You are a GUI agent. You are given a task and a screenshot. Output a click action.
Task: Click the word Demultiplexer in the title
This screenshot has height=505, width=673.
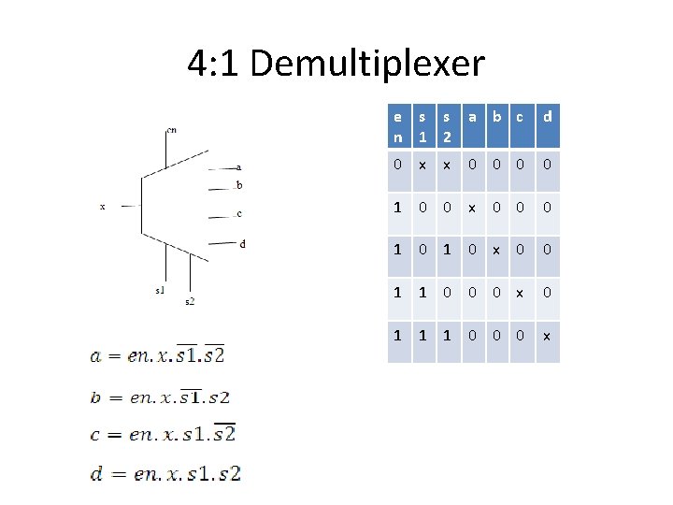(x=367, y=64)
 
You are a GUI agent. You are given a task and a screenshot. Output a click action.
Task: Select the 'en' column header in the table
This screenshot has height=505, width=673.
(x=399, y=126)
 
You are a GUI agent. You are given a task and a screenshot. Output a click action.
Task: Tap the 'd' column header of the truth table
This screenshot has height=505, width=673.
(x=548, y=117)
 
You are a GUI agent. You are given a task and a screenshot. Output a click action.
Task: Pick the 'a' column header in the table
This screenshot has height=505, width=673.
(x=473, y=117)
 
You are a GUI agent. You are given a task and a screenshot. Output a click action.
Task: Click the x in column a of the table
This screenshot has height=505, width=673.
(x=473, y=208)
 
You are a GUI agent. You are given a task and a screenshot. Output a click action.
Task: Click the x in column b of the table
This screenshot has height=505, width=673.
(x=496, y=250)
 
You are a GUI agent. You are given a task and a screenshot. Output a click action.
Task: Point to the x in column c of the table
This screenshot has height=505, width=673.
(x=521, y=292)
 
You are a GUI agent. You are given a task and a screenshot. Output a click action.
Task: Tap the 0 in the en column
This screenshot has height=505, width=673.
(x=399, y=166)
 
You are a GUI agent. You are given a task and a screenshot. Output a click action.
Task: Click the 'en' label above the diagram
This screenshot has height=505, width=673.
(x=171, y=130)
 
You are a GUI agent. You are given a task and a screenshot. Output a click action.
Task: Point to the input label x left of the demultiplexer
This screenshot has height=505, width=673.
(x=102, y=207)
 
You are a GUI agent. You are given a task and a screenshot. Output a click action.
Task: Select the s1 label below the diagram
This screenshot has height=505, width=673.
(x=161, y=290)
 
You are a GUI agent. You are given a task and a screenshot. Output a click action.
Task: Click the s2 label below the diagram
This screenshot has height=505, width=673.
(x=190, y=300)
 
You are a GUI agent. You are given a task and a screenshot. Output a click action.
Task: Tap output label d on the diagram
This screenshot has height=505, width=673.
(x=243, y=244)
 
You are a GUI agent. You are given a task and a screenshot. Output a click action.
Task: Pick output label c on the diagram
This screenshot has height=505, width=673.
(x=239, y=214)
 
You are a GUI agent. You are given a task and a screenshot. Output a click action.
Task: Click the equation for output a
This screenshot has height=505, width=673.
(x=157, y=354)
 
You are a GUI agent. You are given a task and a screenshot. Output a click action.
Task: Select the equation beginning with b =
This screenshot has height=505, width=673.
(x=160, y=397)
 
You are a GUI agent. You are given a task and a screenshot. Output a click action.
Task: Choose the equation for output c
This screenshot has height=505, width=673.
(x=163, y=434)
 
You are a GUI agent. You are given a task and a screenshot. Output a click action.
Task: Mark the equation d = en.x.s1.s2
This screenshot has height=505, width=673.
(x=165, y=473)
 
